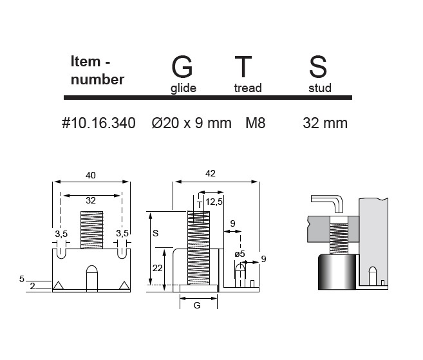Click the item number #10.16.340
coord(99,123)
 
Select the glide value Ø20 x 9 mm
coord(191,123)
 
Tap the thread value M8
coord(256,123)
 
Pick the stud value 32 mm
coord(325,123)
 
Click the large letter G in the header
coord(182,66)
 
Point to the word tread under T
coord(248,88)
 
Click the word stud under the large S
coord(320,88)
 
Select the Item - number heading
coord(97,70)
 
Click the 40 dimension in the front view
coord(91,175)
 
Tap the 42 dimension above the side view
coord(211,173)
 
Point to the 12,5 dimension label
coord(214,202)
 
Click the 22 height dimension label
coord(157,268)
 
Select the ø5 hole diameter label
coord(240,254)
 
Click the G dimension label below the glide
coord(197,305)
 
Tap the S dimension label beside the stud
coord(155,233)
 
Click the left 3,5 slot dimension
coord(61,234)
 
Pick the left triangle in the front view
coord(58,285)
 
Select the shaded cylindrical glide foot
coord(337,272)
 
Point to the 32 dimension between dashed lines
coord(91,200)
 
